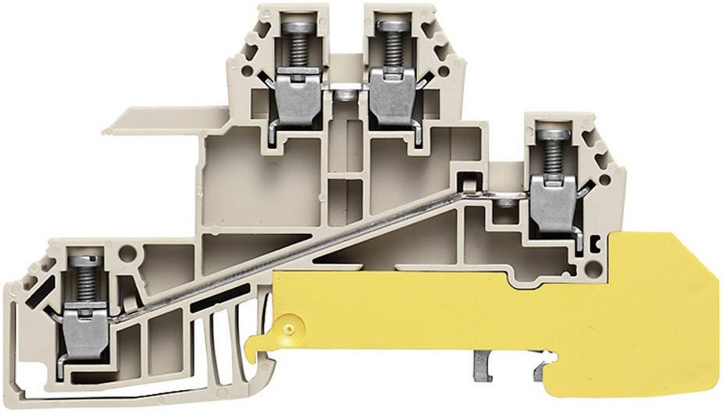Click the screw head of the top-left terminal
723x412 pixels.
tap(296, 26)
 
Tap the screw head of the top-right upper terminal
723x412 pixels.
tap(386, 26)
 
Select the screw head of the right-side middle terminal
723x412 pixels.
tap(553, 133)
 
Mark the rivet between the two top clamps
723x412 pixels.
tap(344, 95)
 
